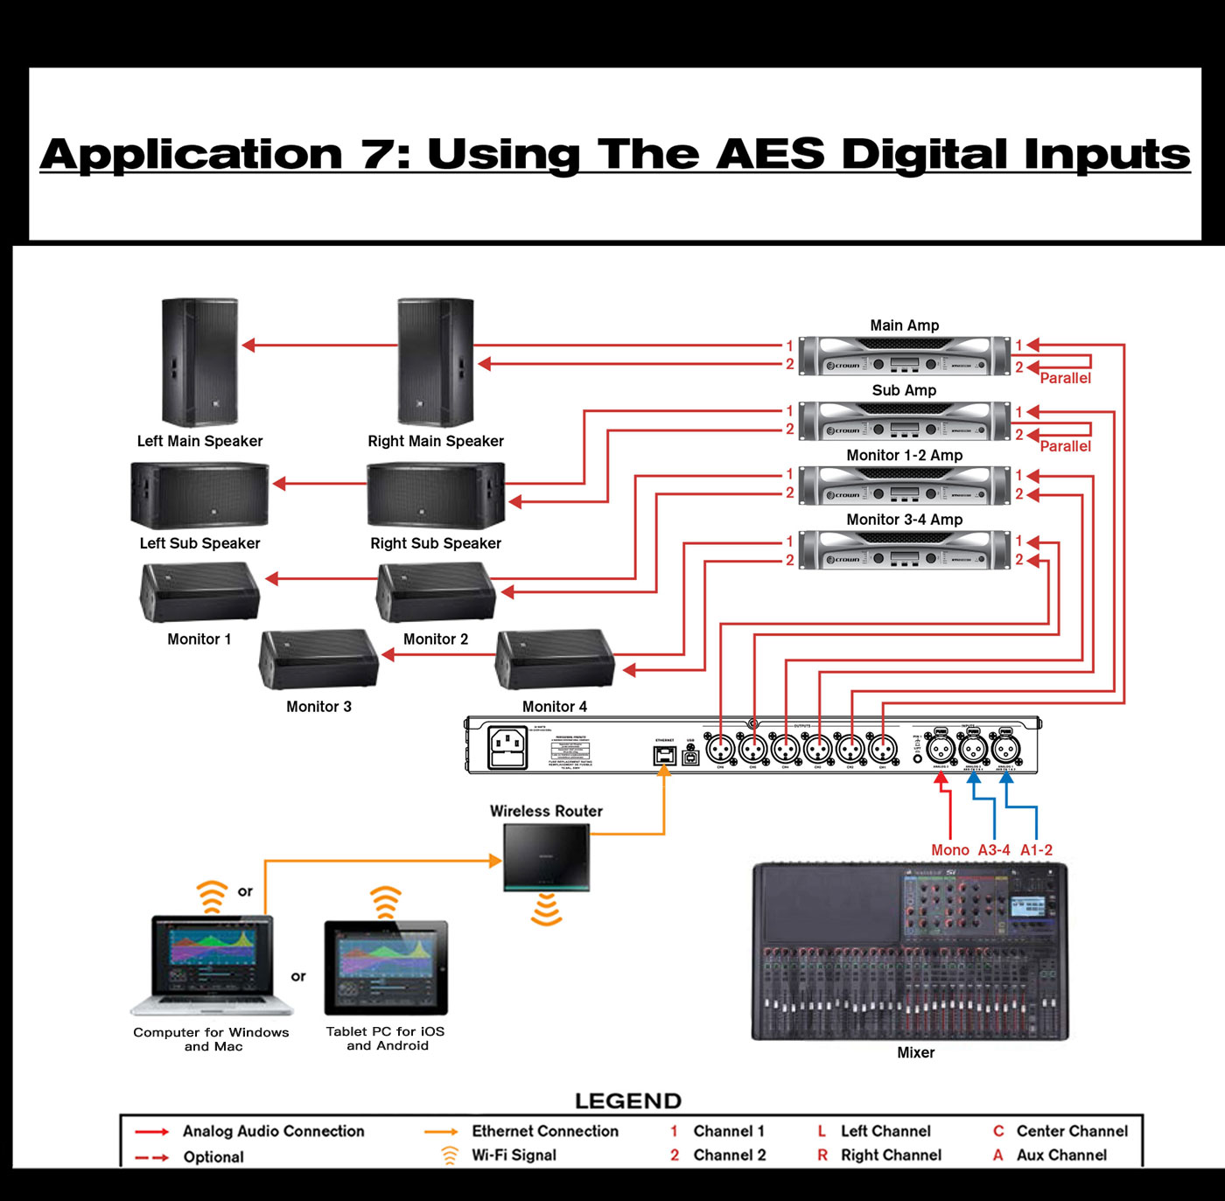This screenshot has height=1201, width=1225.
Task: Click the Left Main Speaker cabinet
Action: coord(199,362)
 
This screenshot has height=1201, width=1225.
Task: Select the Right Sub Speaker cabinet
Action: coord(436,496)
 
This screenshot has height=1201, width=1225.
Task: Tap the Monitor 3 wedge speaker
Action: coord(318,660)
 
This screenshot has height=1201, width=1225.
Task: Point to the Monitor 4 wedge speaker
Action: coord(554,660)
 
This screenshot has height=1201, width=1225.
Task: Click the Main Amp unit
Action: coord(904,356)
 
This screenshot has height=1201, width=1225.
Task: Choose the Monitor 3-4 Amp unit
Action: coord(904,550)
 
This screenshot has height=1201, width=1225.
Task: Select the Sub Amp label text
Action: coord(904,390)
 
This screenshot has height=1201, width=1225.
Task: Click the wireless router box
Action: coord(546,857)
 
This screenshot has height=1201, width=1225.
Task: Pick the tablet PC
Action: coord(386,967)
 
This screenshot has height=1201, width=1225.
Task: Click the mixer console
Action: coord(910,952)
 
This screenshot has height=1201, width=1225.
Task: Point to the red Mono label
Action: coord(949,850)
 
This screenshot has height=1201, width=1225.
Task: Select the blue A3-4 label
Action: coord(994,850)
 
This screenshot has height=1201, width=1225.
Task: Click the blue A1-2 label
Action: coord(1036,850)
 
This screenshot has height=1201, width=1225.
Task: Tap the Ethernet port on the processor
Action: coord(664,755)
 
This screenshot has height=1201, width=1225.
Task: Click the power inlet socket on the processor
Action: coord(507,748)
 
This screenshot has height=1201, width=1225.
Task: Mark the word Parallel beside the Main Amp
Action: coord(1065,378)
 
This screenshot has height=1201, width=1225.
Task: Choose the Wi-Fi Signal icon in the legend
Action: coord(450,1156)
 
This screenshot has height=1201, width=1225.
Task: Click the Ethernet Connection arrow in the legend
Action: coord(441,1132)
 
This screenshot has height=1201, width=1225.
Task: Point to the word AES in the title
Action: coord(769,154)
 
